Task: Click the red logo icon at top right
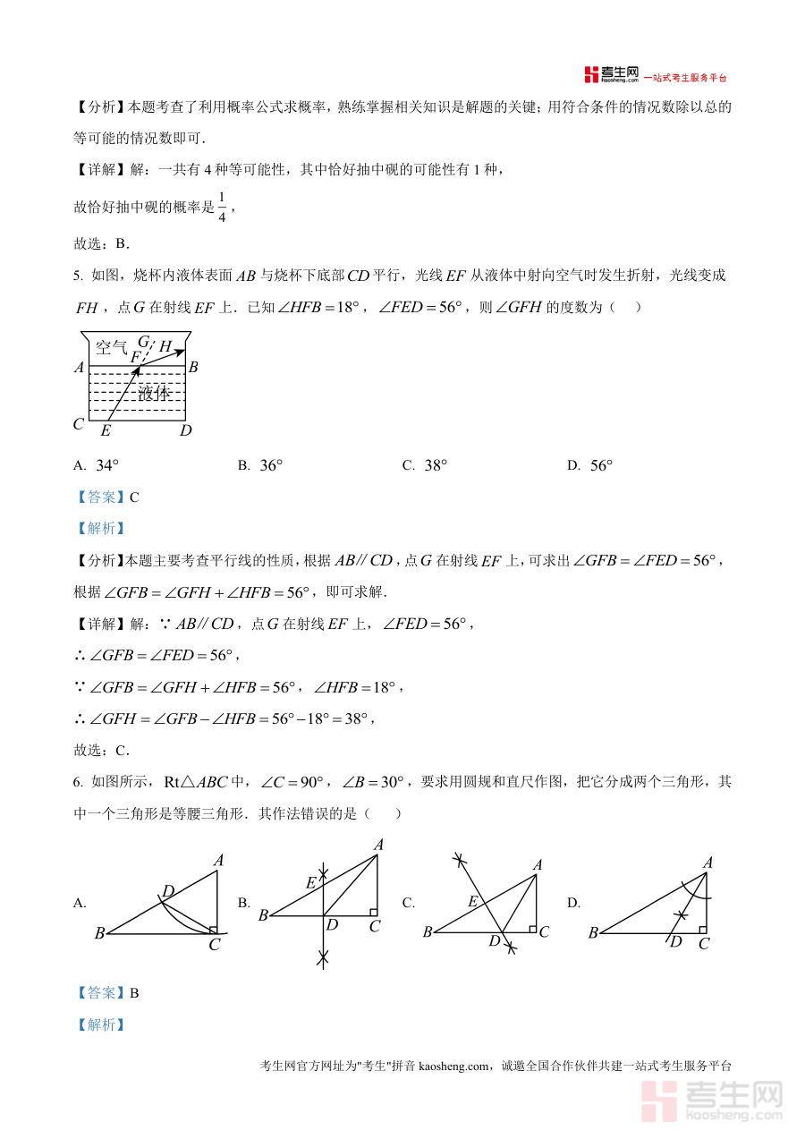click(x=590, y=75)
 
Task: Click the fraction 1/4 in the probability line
click(x=224, y=207)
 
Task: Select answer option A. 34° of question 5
click(x=97, y=465)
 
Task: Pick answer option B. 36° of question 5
click(x=260, y=465)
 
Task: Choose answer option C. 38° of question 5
click(x=425, y=465)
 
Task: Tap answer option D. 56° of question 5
click(x=590, y=465)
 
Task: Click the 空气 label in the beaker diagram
click(x=112, y=347)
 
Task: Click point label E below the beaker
click(x=106, y=431)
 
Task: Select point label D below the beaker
click(x=185, y=431)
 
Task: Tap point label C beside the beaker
click(x=79, y=424)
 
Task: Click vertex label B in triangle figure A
click(x=98, y=934)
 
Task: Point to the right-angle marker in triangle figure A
click(x=213, y=930)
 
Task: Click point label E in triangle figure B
click(x=310, y=883)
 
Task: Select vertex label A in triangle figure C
click(x=538, y=864)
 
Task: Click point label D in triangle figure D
click(x=676, y=942)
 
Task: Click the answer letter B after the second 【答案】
click(x=134, y=992)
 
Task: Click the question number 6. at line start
click(x=79, y=782)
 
